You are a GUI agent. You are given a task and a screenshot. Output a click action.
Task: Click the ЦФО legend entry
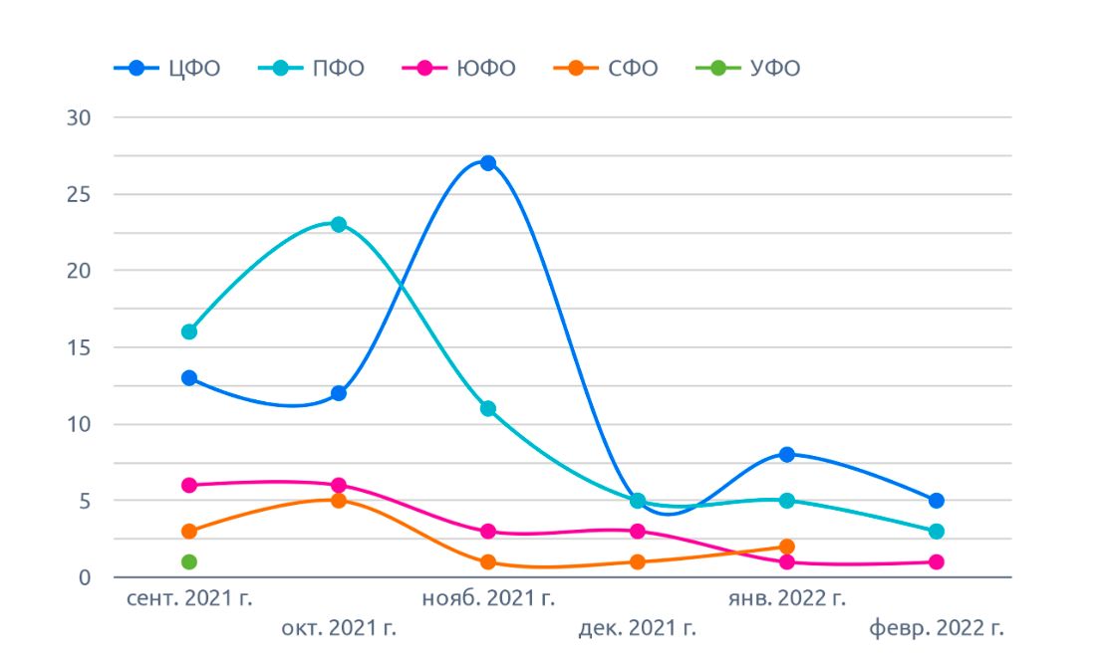167,69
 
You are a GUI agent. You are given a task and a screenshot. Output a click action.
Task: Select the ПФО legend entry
312,69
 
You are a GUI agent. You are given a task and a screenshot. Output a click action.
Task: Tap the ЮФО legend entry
458,69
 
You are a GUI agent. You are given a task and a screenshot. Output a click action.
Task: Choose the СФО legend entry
606,69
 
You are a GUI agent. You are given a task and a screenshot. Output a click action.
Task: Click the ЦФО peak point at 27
488,163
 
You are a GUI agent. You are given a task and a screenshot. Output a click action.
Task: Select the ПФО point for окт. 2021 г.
339,224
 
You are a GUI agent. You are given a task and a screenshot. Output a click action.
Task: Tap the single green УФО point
189,561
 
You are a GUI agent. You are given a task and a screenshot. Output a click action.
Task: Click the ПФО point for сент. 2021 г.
189,331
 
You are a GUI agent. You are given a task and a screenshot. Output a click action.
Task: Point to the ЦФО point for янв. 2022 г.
787,454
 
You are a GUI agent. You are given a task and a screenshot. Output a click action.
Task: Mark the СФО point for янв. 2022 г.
787,547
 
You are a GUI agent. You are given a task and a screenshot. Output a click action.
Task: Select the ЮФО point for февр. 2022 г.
937,561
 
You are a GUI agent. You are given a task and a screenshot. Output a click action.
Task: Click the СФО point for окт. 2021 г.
339,500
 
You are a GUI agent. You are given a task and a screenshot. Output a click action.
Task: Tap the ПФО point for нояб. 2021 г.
488,408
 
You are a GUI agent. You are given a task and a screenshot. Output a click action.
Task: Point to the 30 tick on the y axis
78,117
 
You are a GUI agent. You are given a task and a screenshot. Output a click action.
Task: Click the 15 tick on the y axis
78,347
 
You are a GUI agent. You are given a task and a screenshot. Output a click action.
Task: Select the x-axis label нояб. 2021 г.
488,598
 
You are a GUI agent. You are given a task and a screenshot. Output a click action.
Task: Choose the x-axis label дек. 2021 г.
637,628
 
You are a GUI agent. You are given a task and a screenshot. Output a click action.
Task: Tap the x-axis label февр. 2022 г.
937,628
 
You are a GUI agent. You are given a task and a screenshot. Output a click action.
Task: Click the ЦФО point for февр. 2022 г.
937,500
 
